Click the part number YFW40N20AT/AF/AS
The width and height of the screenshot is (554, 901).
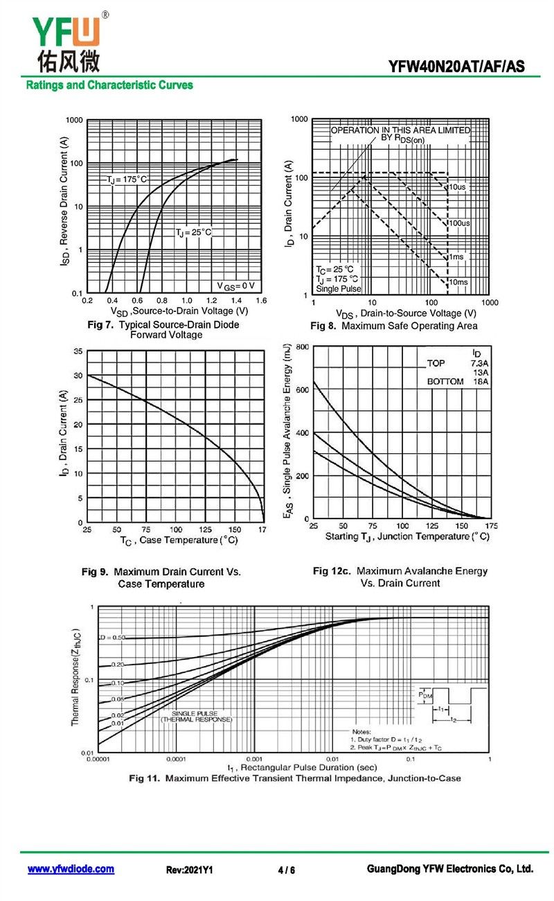[456, 67]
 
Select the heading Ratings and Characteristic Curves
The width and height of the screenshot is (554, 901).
[109, 85]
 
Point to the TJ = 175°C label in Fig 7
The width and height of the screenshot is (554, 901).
[127, 180]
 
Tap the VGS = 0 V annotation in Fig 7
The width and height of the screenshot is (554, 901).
[235, 286]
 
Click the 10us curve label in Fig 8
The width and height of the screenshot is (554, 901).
[457, 187]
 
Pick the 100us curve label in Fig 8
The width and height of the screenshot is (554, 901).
[459, 223]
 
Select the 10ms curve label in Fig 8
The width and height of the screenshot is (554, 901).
[458, 282]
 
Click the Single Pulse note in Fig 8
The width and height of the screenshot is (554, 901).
[339, 288]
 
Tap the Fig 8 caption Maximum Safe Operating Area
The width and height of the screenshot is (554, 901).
[409, 326]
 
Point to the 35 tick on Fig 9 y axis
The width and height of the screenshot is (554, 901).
[78, 351]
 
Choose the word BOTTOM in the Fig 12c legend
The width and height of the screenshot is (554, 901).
[445, 382]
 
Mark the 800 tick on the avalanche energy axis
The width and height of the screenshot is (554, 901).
[301, 346]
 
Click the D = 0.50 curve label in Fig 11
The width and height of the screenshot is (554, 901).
[111, 637]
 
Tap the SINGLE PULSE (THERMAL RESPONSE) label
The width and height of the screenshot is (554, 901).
[197, 717]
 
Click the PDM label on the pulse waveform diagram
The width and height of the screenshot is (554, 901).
[425, 693]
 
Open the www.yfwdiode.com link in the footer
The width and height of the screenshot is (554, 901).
[71, 869]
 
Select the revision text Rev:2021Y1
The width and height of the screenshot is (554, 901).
[189, 870]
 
